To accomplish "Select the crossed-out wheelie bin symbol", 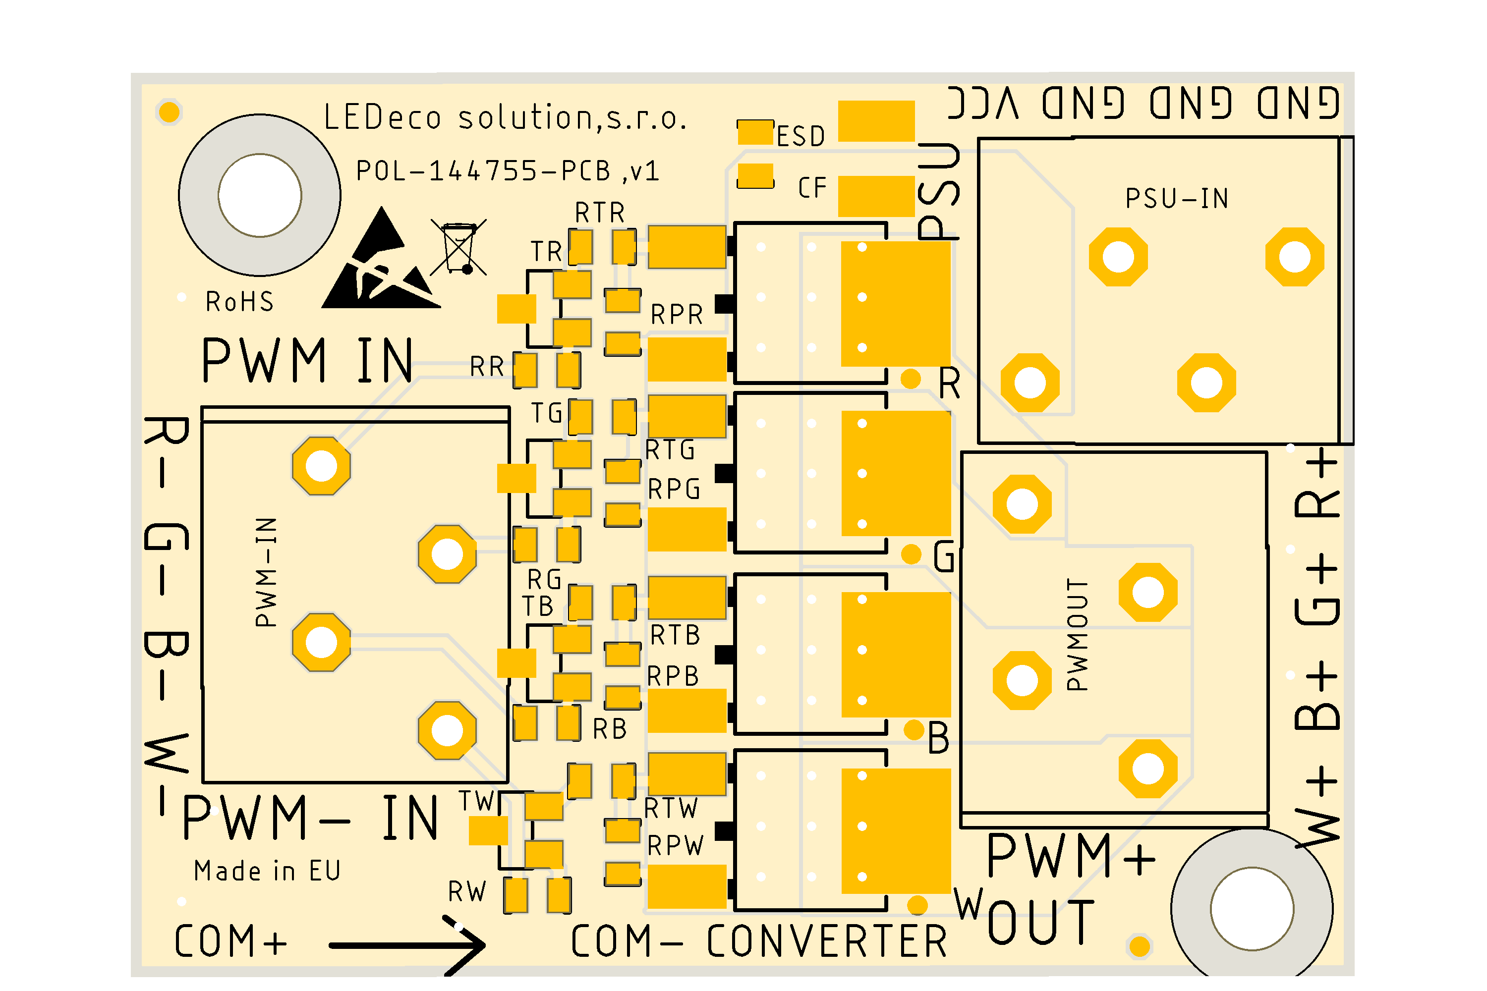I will [x=459, y=247].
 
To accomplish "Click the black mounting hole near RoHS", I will [x=260, y=195].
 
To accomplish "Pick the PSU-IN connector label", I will [x=1177, y=199].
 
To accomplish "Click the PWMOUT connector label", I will [x=1077, y=634].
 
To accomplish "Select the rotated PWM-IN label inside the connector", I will [x=266, y=572].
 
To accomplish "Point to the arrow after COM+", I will [x=408, y=945].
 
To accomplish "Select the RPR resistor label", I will [x=677, y=315].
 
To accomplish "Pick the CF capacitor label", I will [x=812, y=188].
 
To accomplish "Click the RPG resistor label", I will [x=674, y=489].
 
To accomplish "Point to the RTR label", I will [x=599, y=213].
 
